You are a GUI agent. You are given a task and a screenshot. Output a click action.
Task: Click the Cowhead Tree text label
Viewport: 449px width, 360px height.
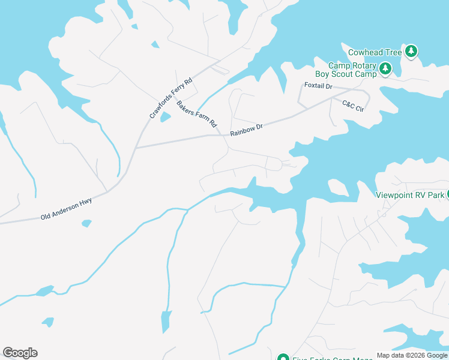point(375,53)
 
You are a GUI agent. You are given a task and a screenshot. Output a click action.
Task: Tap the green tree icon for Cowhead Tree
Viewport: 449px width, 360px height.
point(411,52)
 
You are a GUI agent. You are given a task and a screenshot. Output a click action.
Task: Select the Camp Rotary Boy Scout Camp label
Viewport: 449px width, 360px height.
point(352,70)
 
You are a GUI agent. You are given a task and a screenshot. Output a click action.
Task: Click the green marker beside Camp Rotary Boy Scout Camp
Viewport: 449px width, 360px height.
point(385,69)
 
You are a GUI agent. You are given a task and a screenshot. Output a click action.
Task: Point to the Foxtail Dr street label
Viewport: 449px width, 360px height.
point(318,86)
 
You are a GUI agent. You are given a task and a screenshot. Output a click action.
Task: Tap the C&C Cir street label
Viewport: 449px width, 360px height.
point(353,106)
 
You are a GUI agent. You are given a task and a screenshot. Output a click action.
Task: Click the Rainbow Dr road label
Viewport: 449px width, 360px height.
point(246,128)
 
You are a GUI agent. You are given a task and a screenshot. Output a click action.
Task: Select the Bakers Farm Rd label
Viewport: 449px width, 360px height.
point(196,114)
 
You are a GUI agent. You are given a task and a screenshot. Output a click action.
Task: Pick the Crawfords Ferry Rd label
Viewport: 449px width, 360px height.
point(170,97)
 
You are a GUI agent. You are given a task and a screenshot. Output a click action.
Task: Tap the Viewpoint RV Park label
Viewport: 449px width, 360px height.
point(410,195)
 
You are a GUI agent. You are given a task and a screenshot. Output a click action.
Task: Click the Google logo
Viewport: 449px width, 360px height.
point(20,353)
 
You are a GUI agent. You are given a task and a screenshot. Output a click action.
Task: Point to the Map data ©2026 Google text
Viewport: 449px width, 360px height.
point(412,355)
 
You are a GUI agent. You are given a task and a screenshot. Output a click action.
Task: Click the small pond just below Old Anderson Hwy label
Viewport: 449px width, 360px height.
point(86,224)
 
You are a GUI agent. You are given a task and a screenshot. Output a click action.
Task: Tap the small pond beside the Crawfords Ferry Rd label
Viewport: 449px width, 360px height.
point(165,117)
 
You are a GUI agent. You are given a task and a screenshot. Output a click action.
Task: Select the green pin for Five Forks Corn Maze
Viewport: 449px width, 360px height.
point(283,358)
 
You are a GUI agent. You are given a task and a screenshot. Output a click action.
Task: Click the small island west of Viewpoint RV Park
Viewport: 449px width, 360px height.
point(339,188)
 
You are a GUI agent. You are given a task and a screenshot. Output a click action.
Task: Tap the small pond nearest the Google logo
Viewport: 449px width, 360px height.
point(47,322)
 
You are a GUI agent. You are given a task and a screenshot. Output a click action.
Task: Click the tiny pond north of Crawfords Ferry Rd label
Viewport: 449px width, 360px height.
point(155,44)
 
